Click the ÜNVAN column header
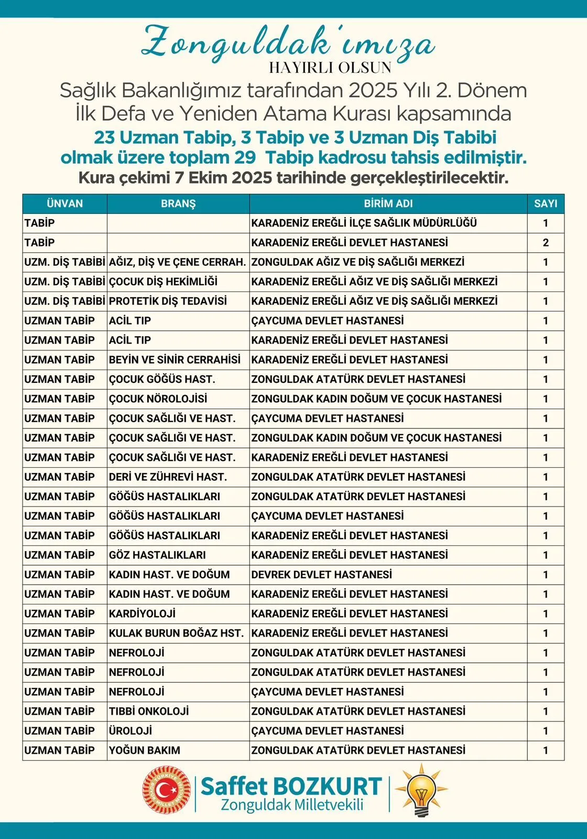pyautogui.click(x=64, y=203)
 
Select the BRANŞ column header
pyautogui.click(x=178, y=203)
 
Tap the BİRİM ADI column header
pyautogui.click(x=388, y=203)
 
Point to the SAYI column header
pyautogui.click(x=546, y=203)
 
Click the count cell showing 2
pyautogui.click(x=546, y=242)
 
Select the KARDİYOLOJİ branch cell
pyautogui.click(x=143, y=614)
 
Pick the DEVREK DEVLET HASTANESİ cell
pyautogui.click(x=321, y=574)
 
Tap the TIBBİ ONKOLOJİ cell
pyautogui.click(x=149, y=711)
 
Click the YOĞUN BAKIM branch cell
pyautogui.click(x=145, y=750)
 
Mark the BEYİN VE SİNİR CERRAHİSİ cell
pyautogui.click(x=175, y=360)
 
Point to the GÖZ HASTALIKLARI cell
pyautogui.click(x=157, y=555)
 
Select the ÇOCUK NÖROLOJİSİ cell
pyautogui.click(x=158, y=399)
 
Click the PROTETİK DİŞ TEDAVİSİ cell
pyautogui.click(x=168, y=301)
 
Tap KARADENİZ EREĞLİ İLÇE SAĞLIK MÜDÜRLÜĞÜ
pyautogui.click(x=364, y=223)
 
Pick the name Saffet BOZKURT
pyautogui.click(x=291, y=786)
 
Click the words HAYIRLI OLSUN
pyautogui.click(x=330, y=68)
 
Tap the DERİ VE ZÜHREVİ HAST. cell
pyautogui.click(x=168, y=477)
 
